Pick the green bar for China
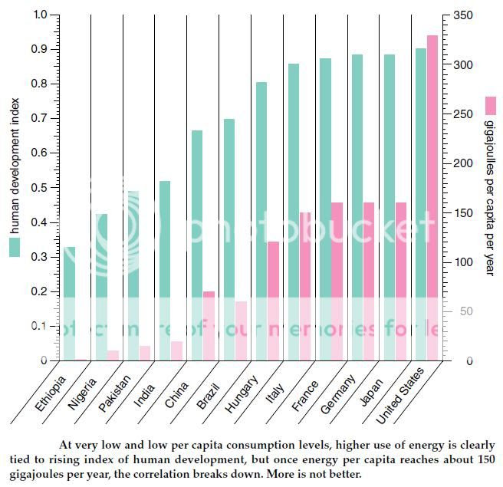pos(197,245)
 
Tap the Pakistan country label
pos(114,393)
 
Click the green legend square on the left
pos(15,247)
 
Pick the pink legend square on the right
pos(491,104)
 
